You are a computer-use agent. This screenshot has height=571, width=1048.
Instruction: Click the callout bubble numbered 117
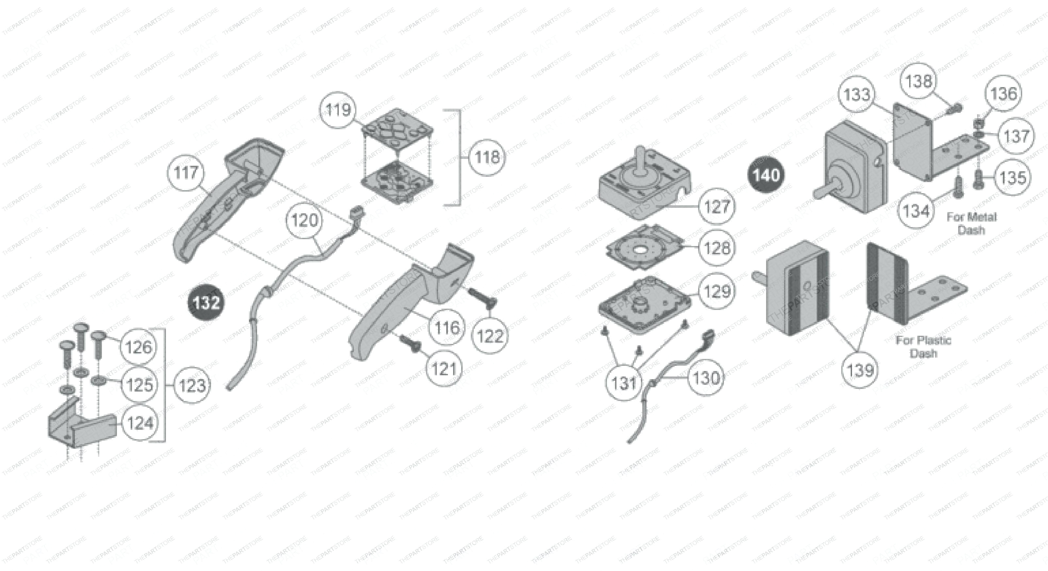click(186, 173)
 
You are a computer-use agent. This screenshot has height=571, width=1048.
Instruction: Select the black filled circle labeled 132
click(206, 303)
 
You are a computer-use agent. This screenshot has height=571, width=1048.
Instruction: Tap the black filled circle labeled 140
click(766, 175)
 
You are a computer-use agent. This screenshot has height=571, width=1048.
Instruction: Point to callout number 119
click(338, 110)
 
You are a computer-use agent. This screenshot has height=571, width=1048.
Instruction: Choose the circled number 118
click(487, 157)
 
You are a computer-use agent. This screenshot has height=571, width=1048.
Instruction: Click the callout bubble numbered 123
click(192, 385)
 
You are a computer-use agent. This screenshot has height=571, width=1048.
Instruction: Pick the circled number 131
click(624, 383)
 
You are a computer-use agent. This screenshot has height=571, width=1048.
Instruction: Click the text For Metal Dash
click(972, 223)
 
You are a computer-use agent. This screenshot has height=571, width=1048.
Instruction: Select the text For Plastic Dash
click(924, 347)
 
